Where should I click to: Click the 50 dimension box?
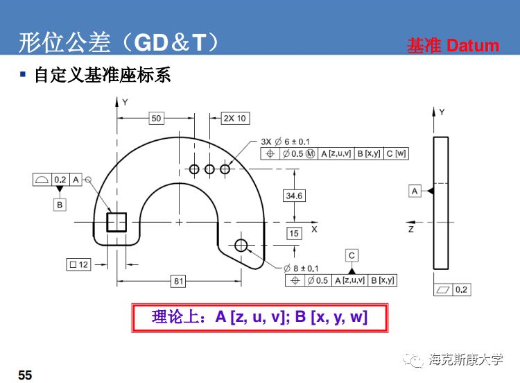pyautogui.click(x=156, y=119)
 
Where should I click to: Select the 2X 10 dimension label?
pyautogui.click(x=234, y=118)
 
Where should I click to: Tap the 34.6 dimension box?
pyautogui.click(x=294, y=196)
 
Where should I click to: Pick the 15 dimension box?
pyautogui.click(x=294, y=233)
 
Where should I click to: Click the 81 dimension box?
pyautogui.click(x=178, y=280)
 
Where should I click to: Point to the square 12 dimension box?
pyautogui.click(x=78, y=264)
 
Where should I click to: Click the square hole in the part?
pyautogui.click(x=116, y=222)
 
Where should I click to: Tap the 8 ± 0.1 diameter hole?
pyautogui.click(x=241, y=245)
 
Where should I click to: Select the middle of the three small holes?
pyautogui.click(x=209, y=169)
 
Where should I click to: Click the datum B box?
pyautogui.click(x=60, y=205)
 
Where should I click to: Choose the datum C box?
pyautogui.click(x=352, y=255)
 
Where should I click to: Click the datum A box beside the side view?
pyautogui.click(x=415, y=191)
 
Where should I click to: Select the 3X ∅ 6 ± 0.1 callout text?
pyautogui.click(x=286, y=142)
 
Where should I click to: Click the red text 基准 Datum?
pyautogui.click(x=452, y=46)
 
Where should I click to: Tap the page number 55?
pyautogui.click(x=25, y=375)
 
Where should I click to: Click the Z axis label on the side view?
pyautogui.click(x=410, y=228)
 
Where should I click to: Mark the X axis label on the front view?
pyautogui.click(x=314, y=228)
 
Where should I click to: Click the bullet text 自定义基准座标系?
pyautogui.click(x=103, y=75)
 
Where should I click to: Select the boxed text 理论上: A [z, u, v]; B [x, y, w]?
pyautogui.click(x=259, y=318)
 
